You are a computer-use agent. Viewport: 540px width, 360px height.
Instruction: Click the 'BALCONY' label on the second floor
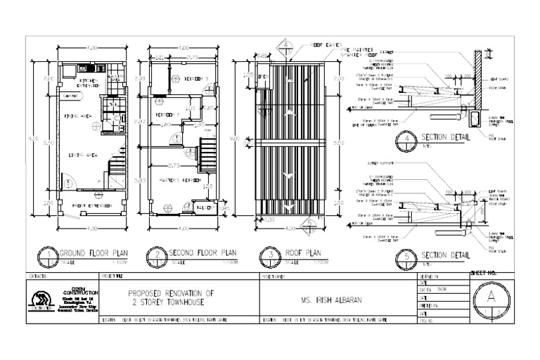tap(205, 209)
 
